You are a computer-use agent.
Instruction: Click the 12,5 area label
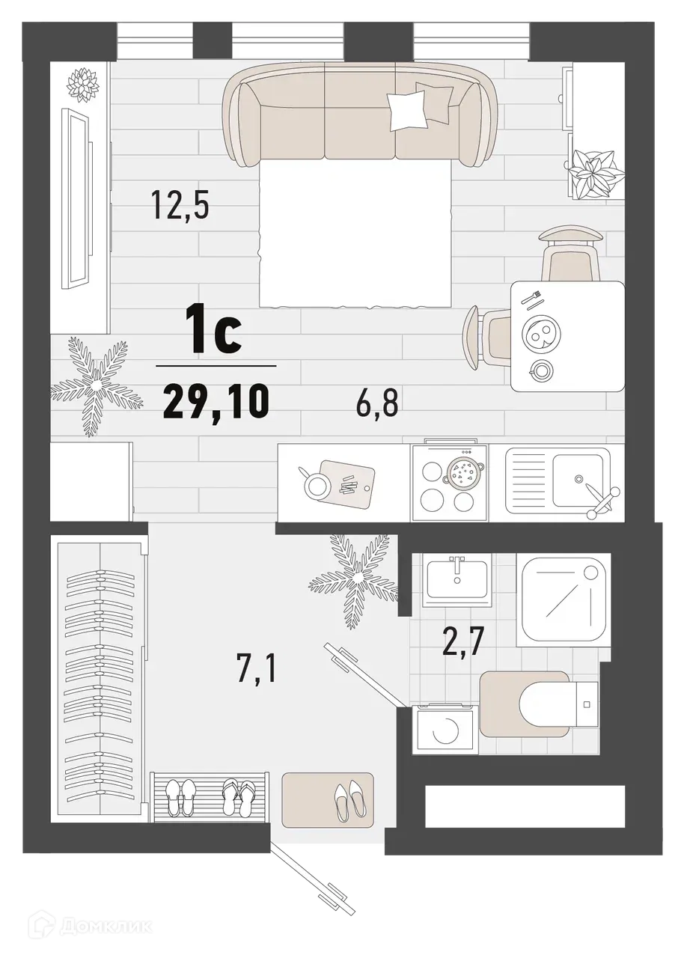coord(179,203)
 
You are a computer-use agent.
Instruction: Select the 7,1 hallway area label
coord(257,668)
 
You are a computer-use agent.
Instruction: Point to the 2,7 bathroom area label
coord(465,641)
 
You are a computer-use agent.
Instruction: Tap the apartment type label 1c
coord(216,335)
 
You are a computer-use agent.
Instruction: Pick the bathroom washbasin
coord(456,579)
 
